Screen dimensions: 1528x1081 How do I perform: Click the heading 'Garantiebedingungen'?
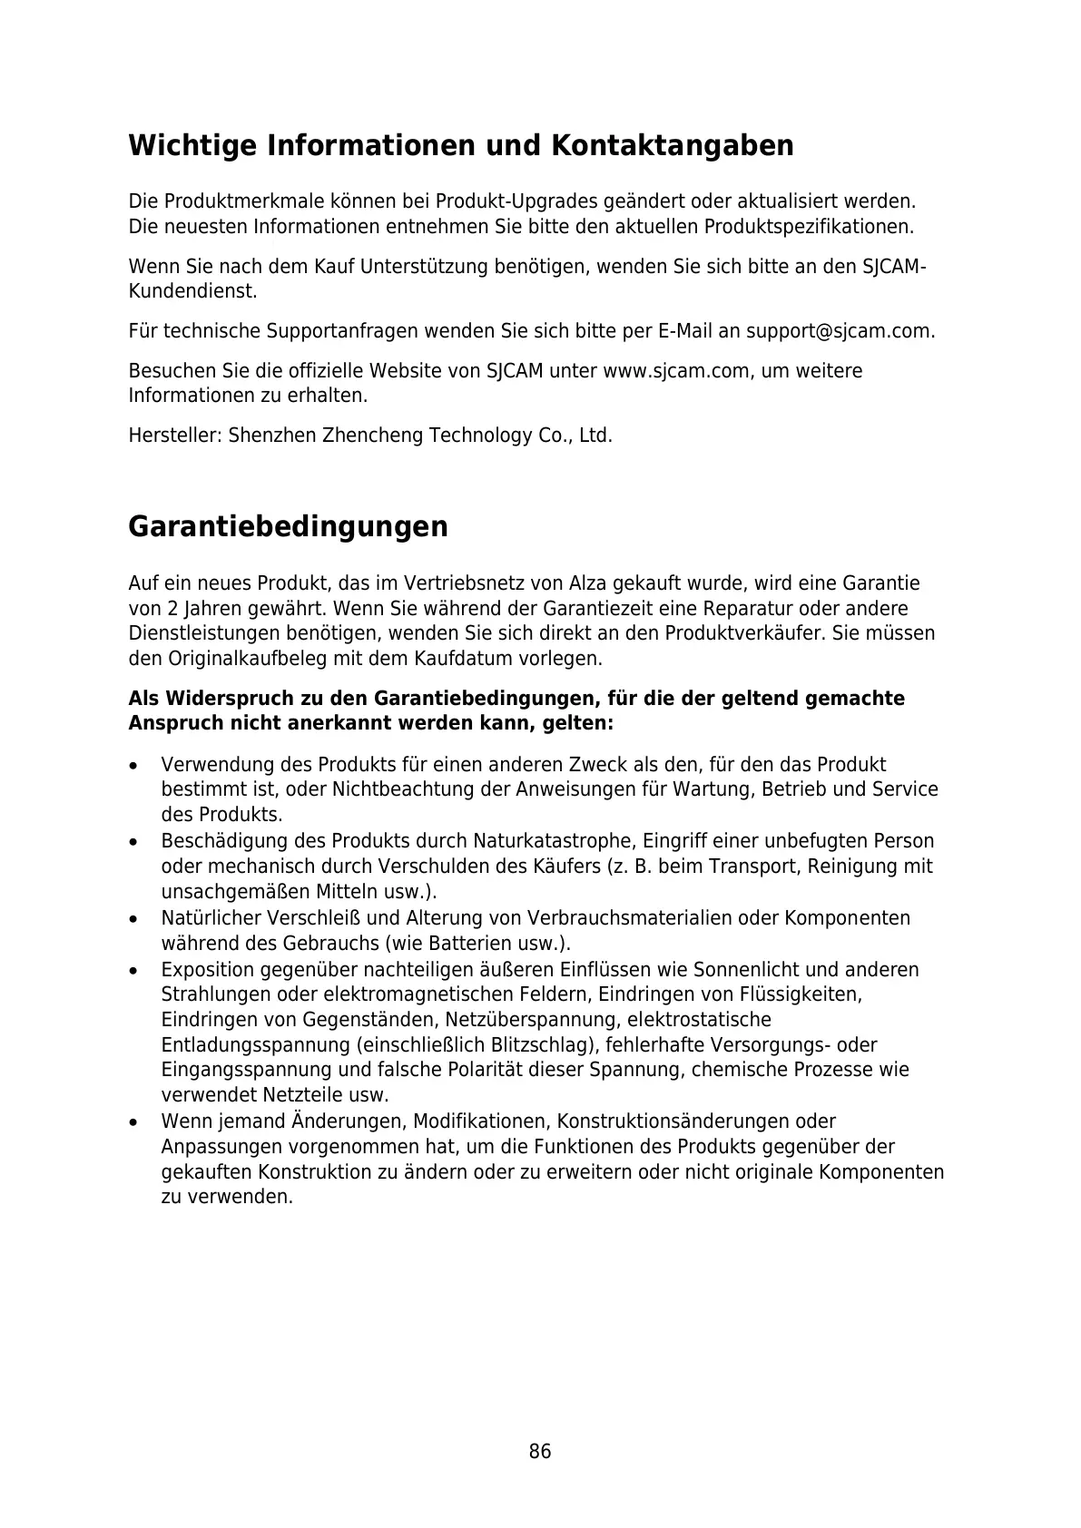(x=288, y=526)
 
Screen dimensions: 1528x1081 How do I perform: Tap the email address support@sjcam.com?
(x=839, y=331)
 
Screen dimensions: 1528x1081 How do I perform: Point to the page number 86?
(x=540, y=1451)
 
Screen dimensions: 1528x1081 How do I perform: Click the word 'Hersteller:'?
(x=175, y=436)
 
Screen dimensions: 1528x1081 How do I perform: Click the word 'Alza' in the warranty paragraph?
(x=588, y=583)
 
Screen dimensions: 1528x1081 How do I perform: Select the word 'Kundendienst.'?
(x=192, y=292)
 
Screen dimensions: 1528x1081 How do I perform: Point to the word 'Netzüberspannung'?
(x=533, y=1020)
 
